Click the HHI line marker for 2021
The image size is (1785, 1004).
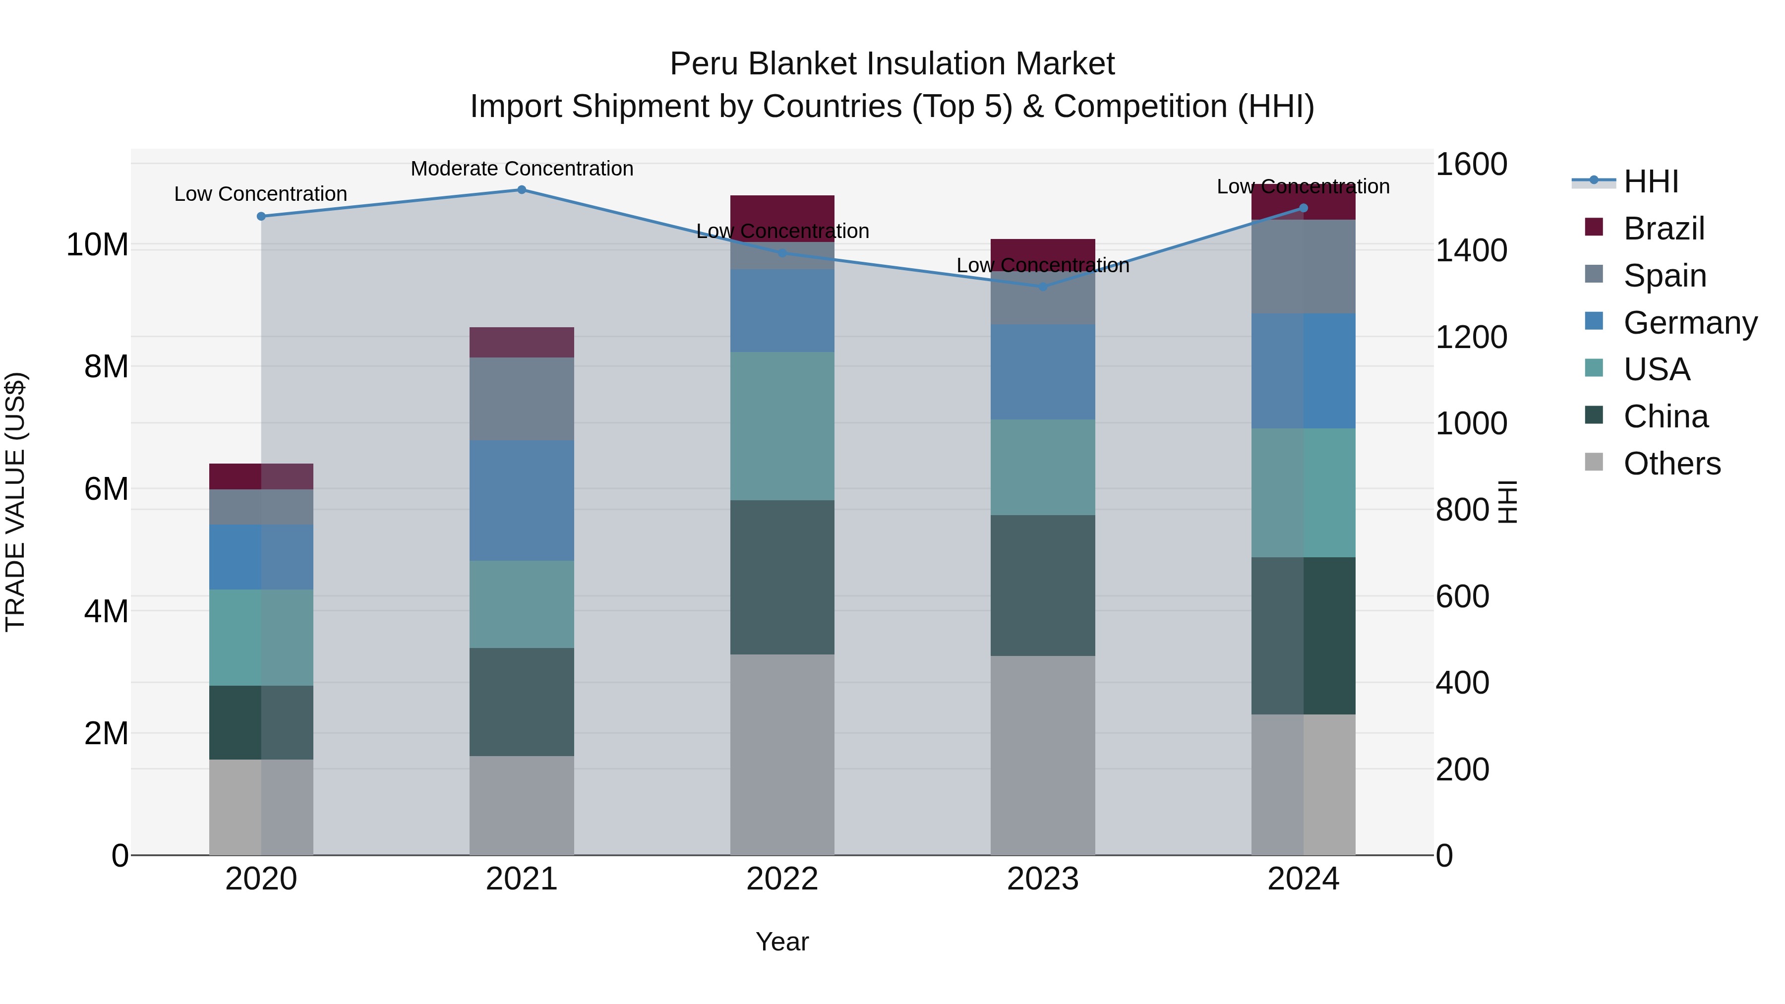[x=522, y=190]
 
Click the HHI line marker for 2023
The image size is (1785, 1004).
[x=1043, y=286]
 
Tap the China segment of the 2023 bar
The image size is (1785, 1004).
[x=1043, y=586]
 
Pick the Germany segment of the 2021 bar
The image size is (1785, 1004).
[x=522, y=500]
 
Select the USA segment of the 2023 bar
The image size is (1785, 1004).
[x=1043, y=467]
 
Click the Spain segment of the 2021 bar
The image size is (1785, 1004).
[x=522, y=399]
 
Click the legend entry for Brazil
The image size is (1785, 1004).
[x=1663, y=229]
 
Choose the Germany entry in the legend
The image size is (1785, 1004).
[x=1689, y=323]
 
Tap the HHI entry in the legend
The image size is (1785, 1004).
[x=1651, y=181]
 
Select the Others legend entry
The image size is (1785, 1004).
[x=1671, y=464]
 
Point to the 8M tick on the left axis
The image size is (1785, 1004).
[x=106, y=366]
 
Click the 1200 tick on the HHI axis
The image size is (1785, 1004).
[x=1471, y=338]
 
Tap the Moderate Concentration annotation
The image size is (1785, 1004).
[x=522, y=169]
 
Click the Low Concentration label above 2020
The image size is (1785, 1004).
[x=260, y=194]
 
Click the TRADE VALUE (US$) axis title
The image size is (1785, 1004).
[x=15, y=502]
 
